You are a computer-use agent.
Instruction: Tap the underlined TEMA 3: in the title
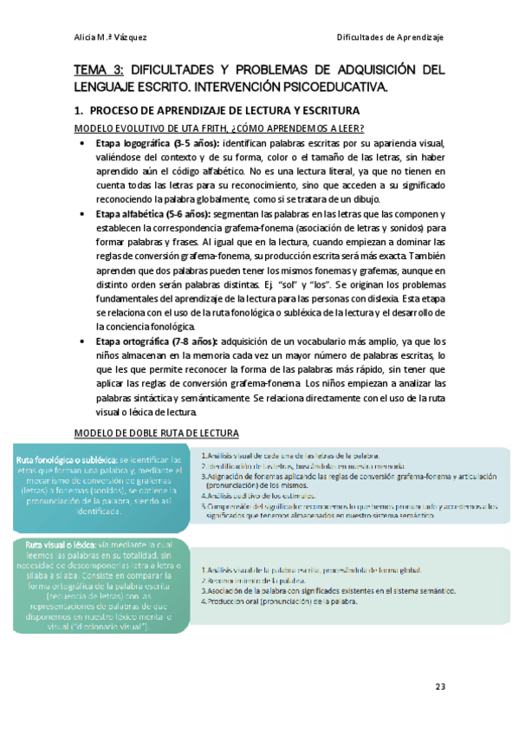[x=100, y=69]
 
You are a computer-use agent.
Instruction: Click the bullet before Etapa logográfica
[x=81, y=144]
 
